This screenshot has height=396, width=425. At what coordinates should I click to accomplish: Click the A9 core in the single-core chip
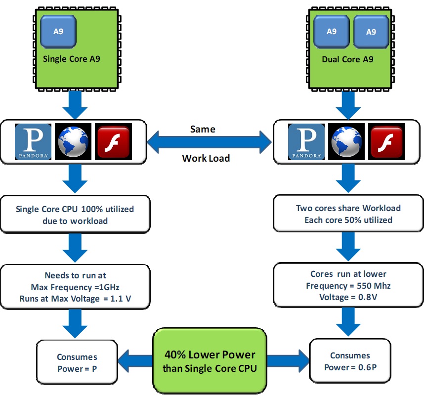[58, 31]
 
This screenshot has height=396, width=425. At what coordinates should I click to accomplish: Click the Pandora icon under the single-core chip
[33, 141]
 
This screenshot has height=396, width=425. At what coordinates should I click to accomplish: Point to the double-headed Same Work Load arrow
[210, 143]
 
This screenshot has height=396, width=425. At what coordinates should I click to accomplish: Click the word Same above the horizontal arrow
[203, 129]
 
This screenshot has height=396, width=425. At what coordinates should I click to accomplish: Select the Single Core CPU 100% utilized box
[75, 215]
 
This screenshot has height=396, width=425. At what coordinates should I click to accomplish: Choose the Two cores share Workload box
[348, 214]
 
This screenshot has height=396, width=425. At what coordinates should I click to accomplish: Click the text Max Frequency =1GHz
[75, 287]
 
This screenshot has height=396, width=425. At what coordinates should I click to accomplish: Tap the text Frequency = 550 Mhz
[348, 285]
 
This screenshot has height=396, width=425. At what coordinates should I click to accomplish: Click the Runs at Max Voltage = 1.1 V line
[75, 299]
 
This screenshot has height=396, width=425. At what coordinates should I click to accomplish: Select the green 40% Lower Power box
[210, 360]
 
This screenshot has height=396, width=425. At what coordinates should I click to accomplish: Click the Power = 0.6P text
[350, 367]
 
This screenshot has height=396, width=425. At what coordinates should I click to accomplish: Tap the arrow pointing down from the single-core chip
[75, 105]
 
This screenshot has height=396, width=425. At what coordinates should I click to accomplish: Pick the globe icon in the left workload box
[73, 141]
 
